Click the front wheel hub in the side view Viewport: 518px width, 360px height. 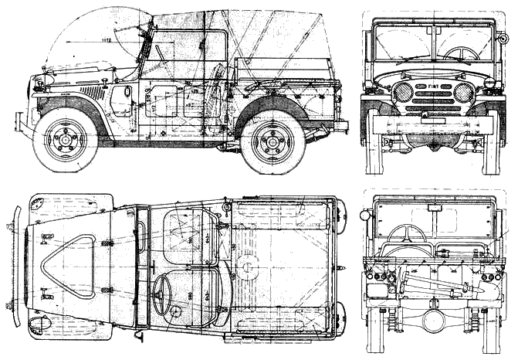(65, 141)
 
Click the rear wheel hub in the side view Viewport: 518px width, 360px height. (273, 141)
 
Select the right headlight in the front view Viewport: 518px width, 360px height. (464, 93)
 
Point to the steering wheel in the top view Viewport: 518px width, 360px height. (162, 294)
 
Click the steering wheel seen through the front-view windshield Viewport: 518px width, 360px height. (462, 53)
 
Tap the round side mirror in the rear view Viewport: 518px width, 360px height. (365, 215)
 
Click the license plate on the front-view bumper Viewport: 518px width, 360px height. (433, 120)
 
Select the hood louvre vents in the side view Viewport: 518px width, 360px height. (91, 92)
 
